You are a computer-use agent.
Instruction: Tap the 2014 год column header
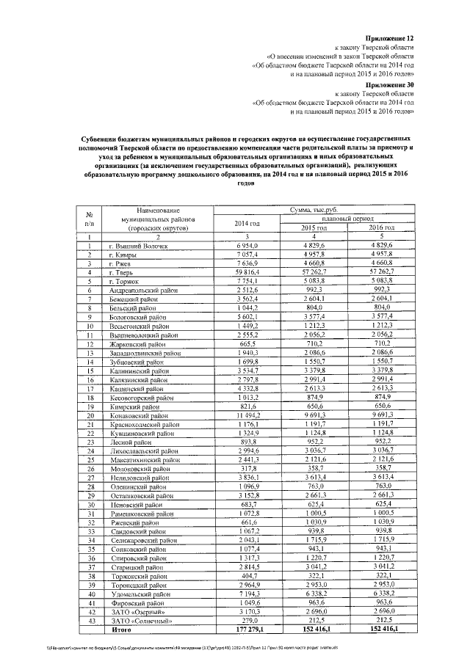[247, 223]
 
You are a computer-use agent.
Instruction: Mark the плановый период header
[347, 219]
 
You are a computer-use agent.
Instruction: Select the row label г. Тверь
[123, 271]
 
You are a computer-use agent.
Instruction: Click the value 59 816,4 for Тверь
[247, 271]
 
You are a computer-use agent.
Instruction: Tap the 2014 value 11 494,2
[247, 415]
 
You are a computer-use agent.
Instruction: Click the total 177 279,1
[246, 629]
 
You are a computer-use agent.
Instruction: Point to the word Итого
[123, 629]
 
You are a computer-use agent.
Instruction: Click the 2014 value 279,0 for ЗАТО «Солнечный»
[247, 620]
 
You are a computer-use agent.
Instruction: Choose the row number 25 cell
[89, 459]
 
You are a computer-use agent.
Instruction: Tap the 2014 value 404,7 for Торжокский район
[247, 575]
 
